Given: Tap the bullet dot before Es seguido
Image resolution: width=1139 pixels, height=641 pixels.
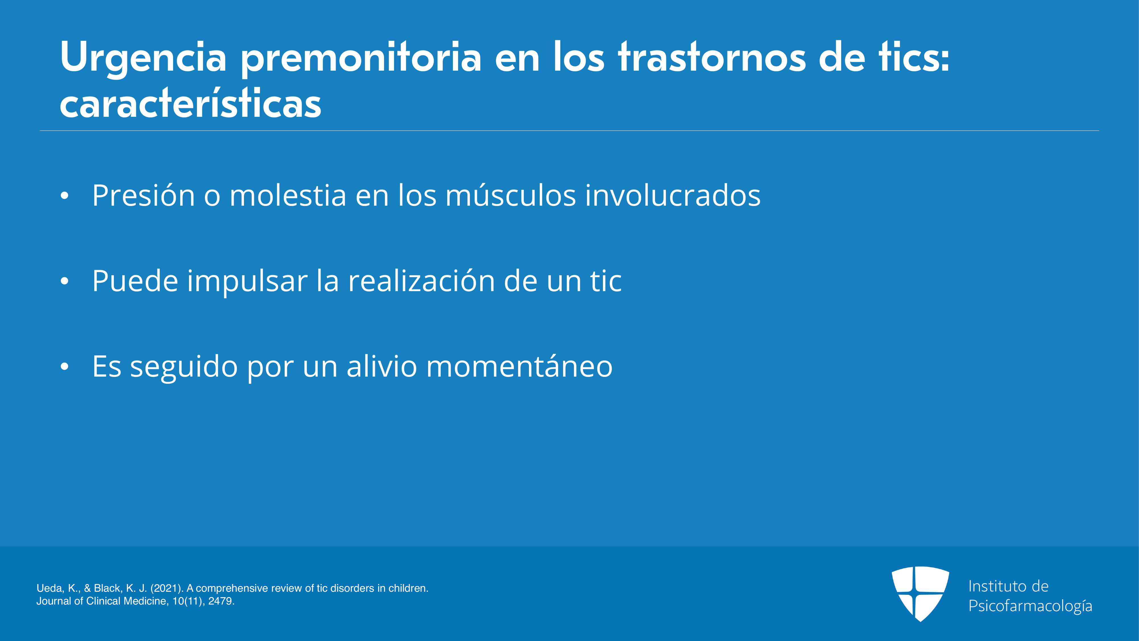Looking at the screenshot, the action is pyautogui.click(x=65, y=366).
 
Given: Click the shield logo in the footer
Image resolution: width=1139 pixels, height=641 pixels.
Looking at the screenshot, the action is pyautogui.click(x=920, y=594).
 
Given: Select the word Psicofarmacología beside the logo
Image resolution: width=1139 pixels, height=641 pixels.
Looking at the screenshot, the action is pyautogui.click(x=1030, y=606).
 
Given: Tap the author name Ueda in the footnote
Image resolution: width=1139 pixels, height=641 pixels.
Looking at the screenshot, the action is pyautogui.click(x=50, y=588).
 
